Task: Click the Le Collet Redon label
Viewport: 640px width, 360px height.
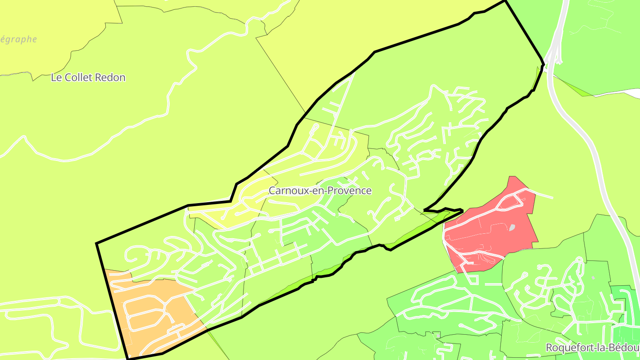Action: [88, 77]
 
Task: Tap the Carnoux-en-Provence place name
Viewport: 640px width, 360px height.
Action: [320, 191]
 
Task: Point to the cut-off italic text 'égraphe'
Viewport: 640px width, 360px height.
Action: [18, 40]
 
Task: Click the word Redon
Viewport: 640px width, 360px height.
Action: [112, 77]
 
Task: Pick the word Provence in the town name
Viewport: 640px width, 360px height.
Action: [350, 191]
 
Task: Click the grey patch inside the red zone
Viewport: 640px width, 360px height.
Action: [512, 228]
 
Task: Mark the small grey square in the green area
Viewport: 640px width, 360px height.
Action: [593, 278]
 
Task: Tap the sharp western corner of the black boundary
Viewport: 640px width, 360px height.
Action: [97, 243]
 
